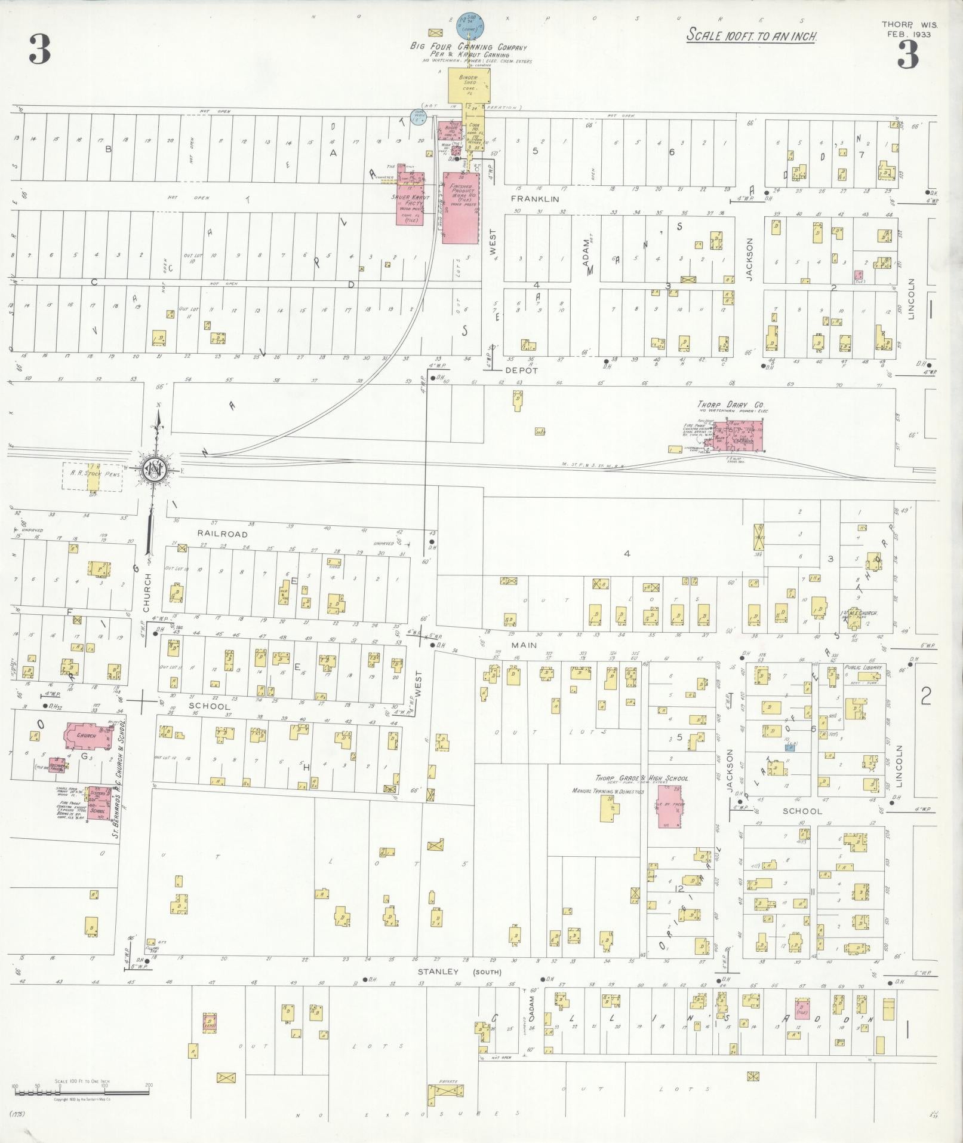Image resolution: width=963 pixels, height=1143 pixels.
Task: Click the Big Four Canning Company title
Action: [468, 47]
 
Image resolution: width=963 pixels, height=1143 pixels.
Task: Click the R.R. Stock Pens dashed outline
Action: [93, 476]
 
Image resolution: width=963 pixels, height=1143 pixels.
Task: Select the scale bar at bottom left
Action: [82, 1092]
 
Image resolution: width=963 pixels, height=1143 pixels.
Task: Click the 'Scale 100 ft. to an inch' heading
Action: [751, 35]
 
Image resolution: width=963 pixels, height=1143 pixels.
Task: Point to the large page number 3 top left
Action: [39, 50]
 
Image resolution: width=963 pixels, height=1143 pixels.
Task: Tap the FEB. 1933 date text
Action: [909, 34]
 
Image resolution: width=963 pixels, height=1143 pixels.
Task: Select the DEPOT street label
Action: [522, 370]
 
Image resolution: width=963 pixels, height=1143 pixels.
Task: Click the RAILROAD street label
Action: [222, 534]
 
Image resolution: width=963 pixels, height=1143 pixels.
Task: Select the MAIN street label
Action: [524, 645]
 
